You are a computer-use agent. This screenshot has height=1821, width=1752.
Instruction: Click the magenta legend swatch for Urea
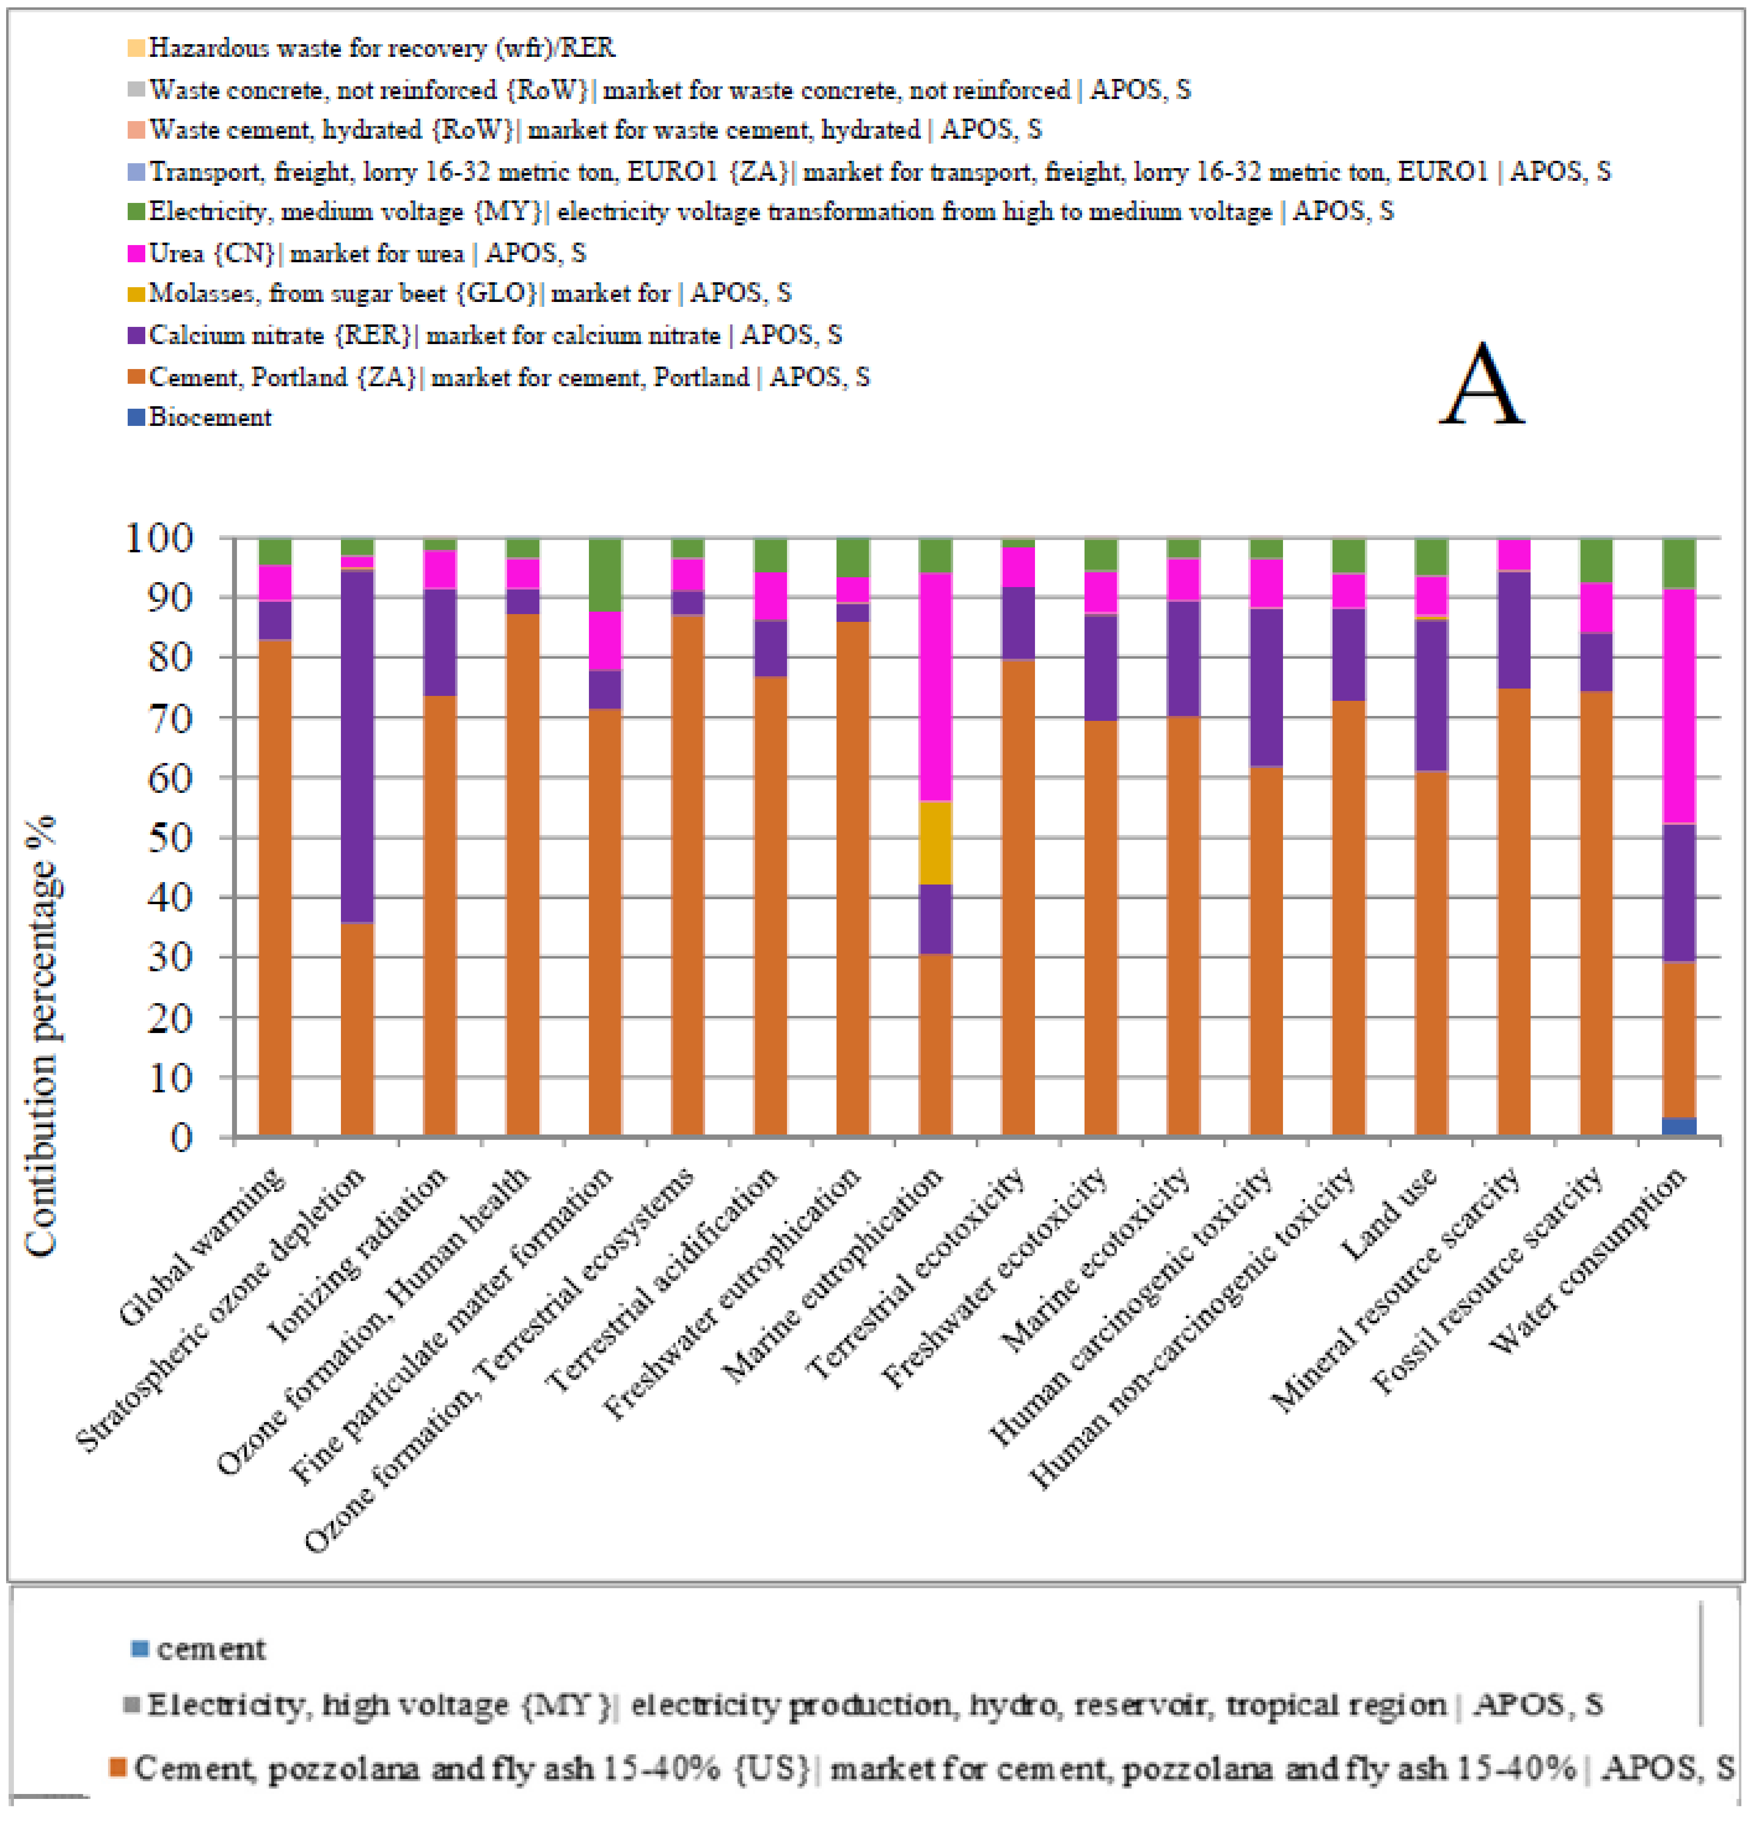136,253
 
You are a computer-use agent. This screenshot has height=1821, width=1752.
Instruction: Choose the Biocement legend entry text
210,417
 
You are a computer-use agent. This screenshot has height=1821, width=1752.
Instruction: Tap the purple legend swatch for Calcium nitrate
136,335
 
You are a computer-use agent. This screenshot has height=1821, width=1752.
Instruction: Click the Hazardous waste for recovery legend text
381,47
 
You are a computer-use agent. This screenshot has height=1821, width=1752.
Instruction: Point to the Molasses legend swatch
136,294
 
